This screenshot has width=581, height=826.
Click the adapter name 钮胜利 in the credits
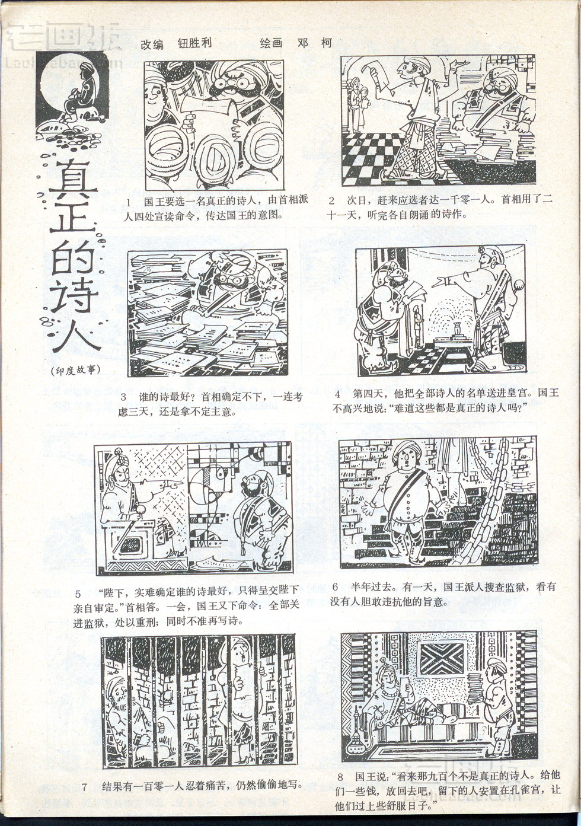coord(194,43)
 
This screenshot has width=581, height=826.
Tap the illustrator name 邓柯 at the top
coord(314,43)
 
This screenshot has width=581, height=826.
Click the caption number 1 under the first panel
coord(129,202)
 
